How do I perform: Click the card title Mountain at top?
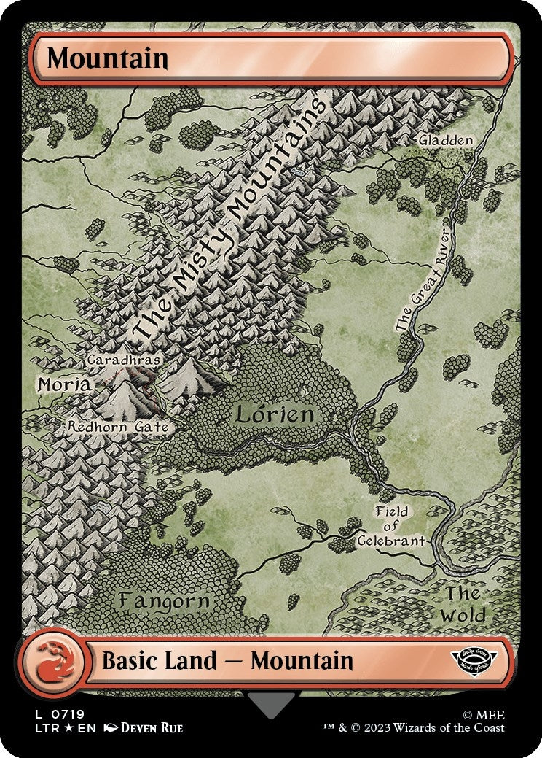108,58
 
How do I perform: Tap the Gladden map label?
446,140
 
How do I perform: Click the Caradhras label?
123,360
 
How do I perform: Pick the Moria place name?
64,384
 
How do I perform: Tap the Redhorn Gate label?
119,427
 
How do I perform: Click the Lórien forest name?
274,414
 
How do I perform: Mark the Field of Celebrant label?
391,526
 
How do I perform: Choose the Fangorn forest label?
165,601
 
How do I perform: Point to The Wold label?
464,604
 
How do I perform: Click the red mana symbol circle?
50,662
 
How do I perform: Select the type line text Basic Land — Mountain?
227,662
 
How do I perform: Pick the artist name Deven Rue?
151,728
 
